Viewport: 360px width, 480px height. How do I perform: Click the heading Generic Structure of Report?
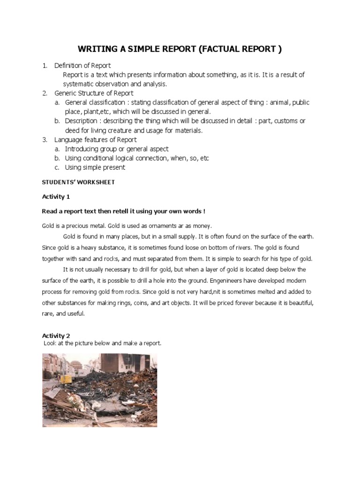point(94,93)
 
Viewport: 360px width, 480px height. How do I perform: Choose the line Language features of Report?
point(95,140)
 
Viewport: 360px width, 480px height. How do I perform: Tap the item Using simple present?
point(95,167)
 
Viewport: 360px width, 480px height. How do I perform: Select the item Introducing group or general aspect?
point(116,149)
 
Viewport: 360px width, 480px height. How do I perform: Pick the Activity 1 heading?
point(56,196)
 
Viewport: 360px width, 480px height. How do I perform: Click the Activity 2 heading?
point(56,335)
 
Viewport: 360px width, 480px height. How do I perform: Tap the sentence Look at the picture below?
point(102,344)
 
